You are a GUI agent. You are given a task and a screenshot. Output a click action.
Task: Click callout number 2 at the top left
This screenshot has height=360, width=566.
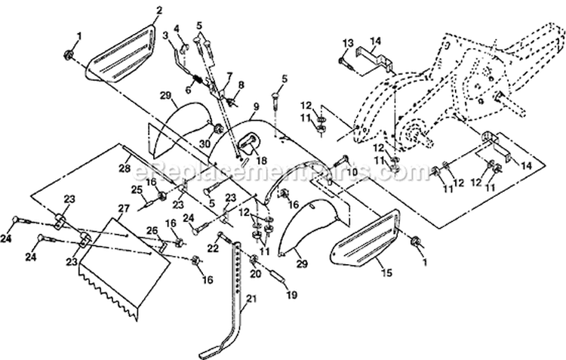point(158,10)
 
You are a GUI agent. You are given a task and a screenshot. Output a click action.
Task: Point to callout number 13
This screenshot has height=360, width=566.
point(349,41)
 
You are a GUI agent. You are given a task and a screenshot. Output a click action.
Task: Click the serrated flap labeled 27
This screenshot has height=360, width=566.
point(113,272)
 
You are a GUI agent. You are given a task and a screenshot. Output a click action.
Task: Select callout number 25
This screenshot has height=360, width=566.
point(137,189)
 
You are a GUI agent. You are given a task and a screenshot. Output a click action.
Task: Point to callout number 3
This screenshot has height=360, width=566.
point(165,35)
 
